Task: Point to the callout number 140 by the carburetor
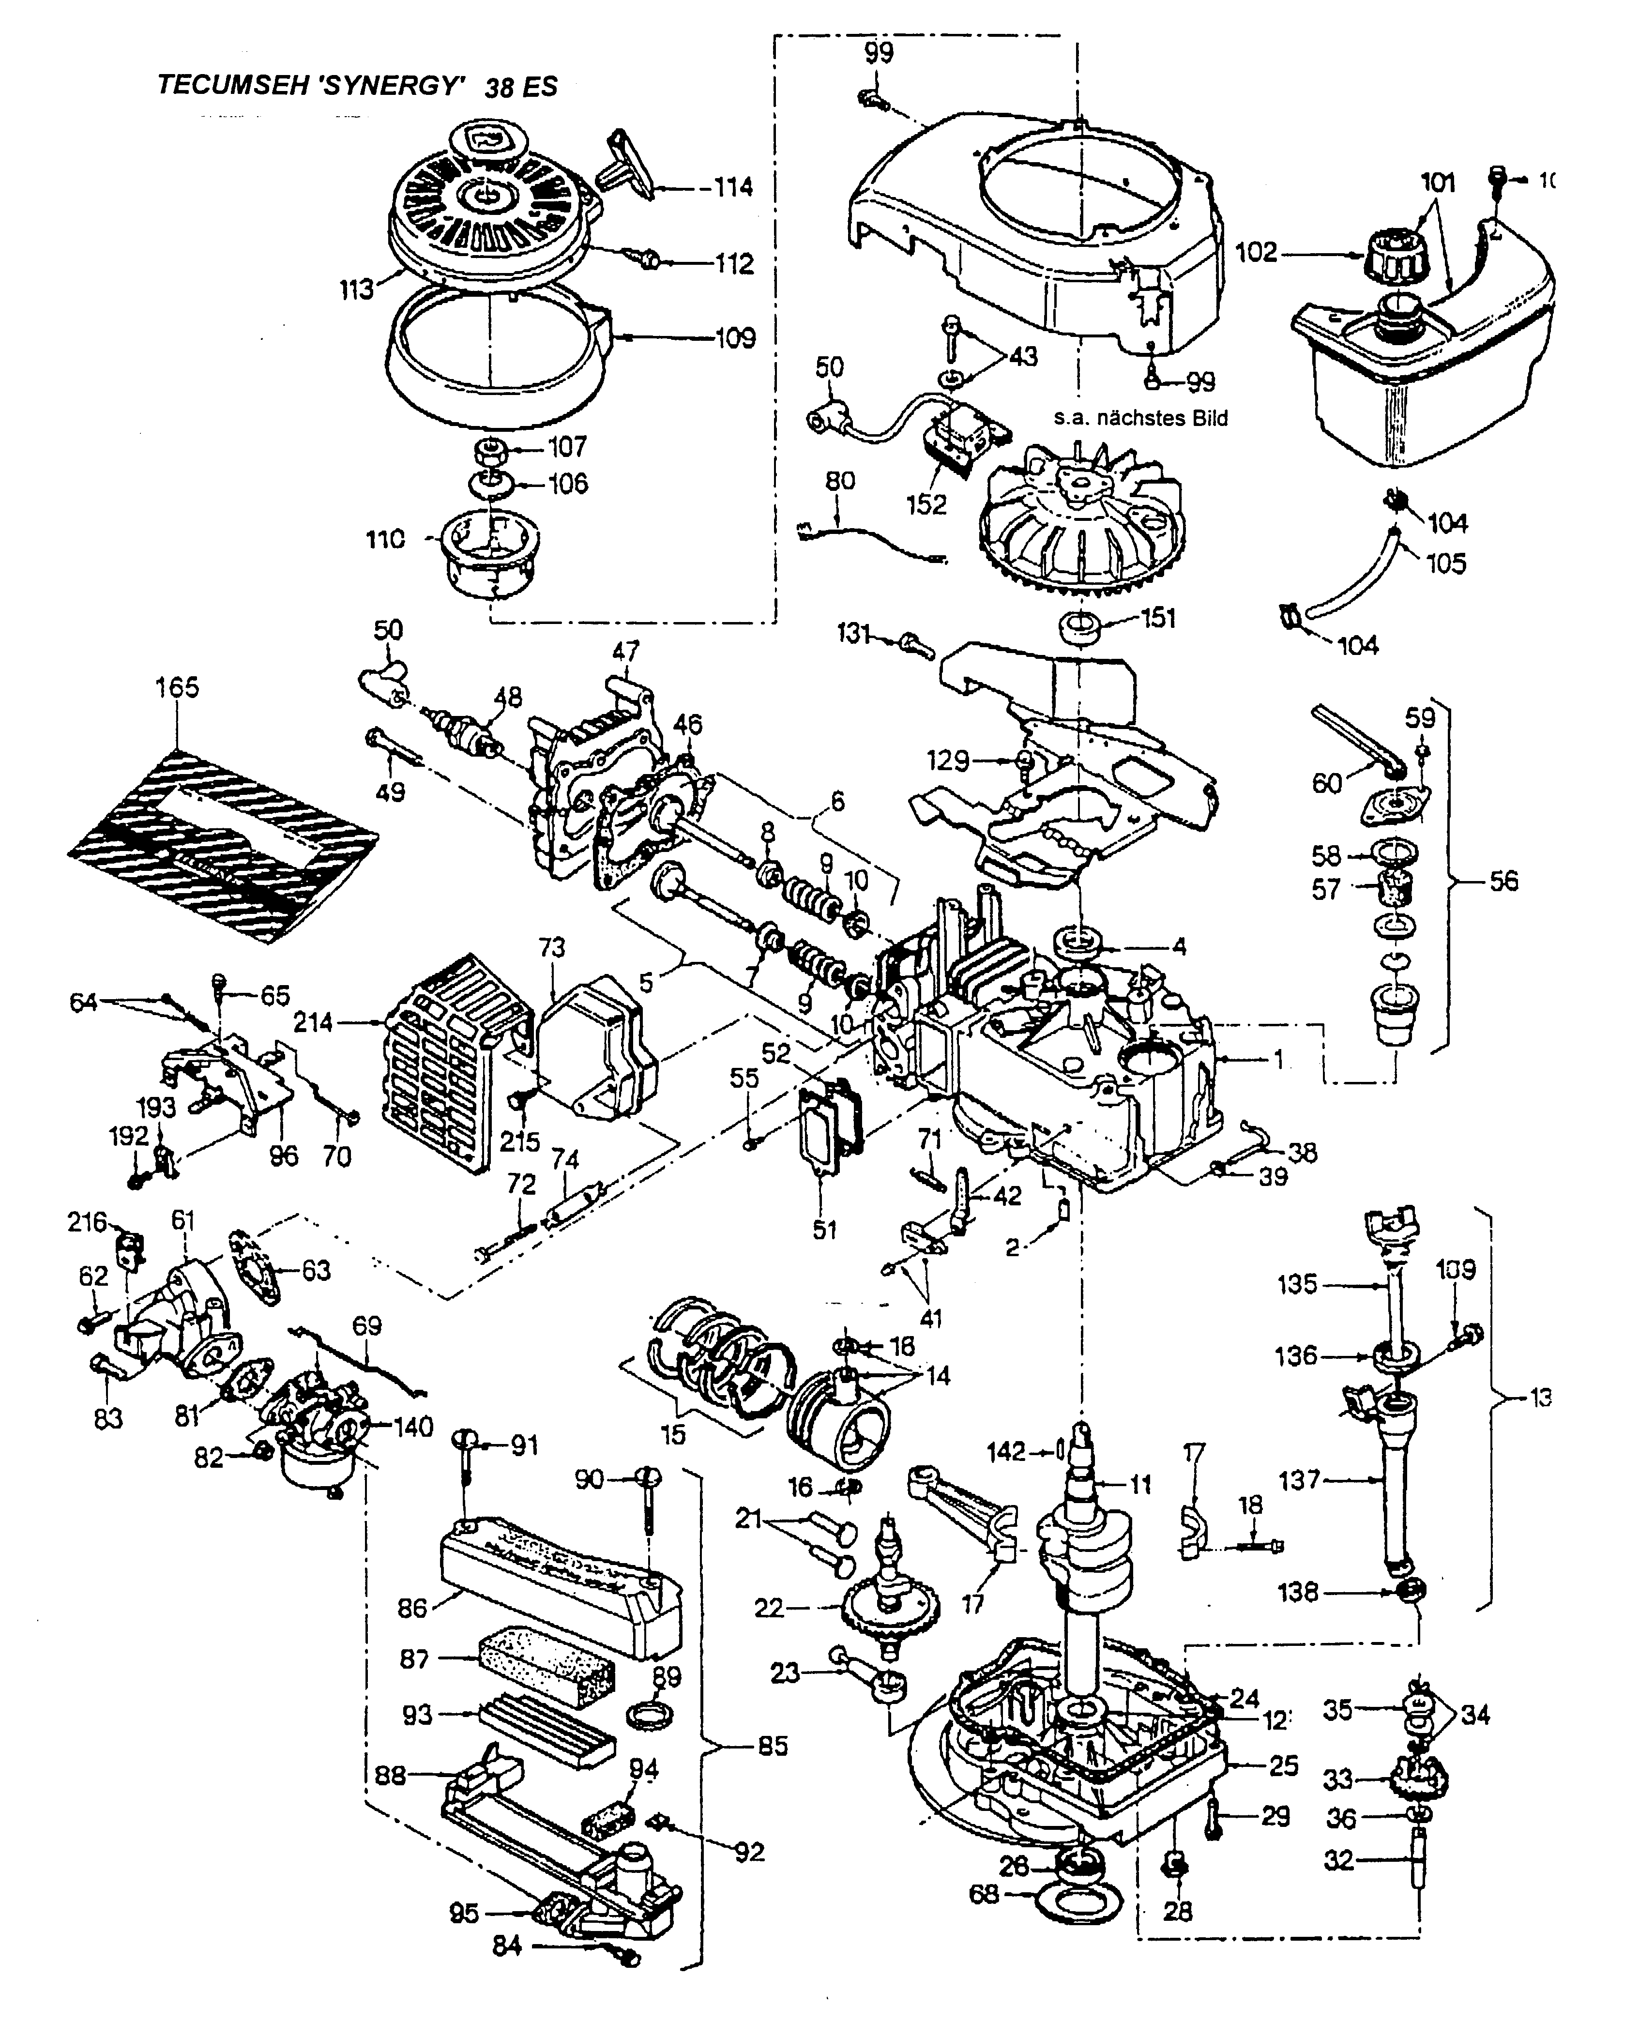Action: pos(413,1427)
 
